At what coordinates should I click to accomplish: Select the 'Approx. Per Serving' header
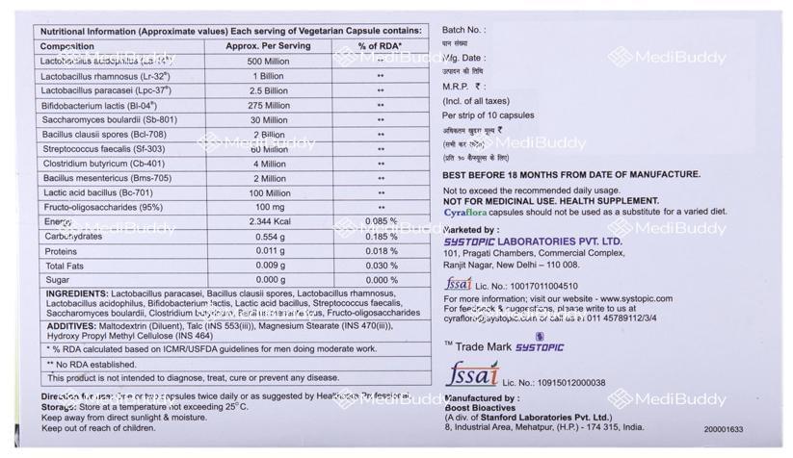click(268, 45)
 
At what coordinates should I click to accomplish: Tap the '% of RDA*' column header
click(381, 45)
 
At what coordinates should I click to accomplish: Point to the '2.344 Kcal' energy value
click(268, 221)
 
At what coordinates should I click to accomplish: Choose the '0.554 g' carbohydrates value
click(268, 236)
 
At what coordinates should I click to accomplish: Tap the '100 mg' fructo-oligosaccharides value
click(268, 207)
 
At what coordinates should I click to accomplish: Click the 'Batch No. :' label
click(463, 31)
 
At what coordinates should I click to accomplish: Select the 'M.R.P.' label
click(460, 86)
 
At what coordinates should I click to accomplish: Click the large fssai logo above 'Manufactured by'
click(472, 374)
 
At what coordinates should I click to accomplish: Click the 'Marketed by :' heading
click(471, 230)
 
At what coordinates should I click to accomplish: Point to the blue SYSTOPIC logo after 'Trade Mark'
click(539, 346)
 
